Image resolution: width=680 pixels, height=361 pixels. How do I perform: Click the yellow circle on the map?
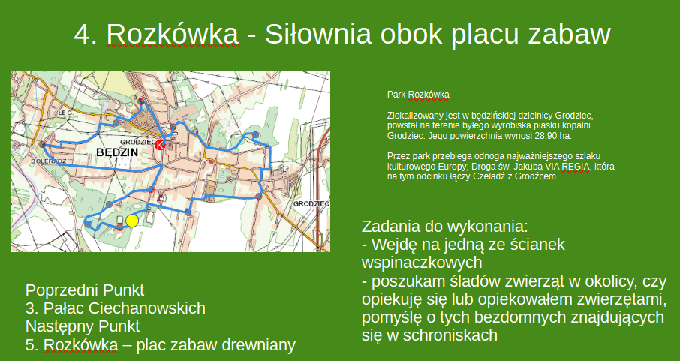132,221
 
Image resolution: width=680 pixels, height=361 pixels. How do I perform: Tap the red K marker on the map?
160,146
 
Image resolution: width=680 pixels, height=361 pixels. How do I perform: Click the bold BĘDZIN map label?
116,152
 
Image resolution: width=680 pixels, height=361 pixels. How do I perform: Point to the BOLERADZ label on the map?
49,161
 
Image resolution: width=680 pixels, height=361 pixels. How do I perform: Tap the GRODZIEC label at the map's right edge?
311,203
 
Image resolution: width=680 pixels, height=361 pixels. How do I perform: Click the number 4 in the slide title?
83,34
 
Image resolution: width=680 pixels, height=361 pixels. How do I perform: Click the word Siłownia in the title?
318,34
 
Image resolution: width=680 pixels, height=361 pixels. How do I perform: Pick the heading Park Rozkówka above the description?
418,95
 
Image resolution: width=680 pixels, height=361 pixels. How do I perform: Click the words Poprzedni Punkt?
85,290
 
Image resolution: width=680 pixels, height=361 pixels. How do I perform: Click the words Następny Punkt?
83,326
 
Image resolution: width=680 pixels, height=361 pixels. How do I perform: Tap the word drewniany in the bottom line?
259,345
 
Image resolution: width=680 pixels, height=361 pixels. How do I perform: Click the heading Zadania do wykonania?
444,227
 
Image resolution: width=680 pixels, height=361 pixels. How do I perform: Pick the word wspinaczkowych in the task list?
422,263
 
